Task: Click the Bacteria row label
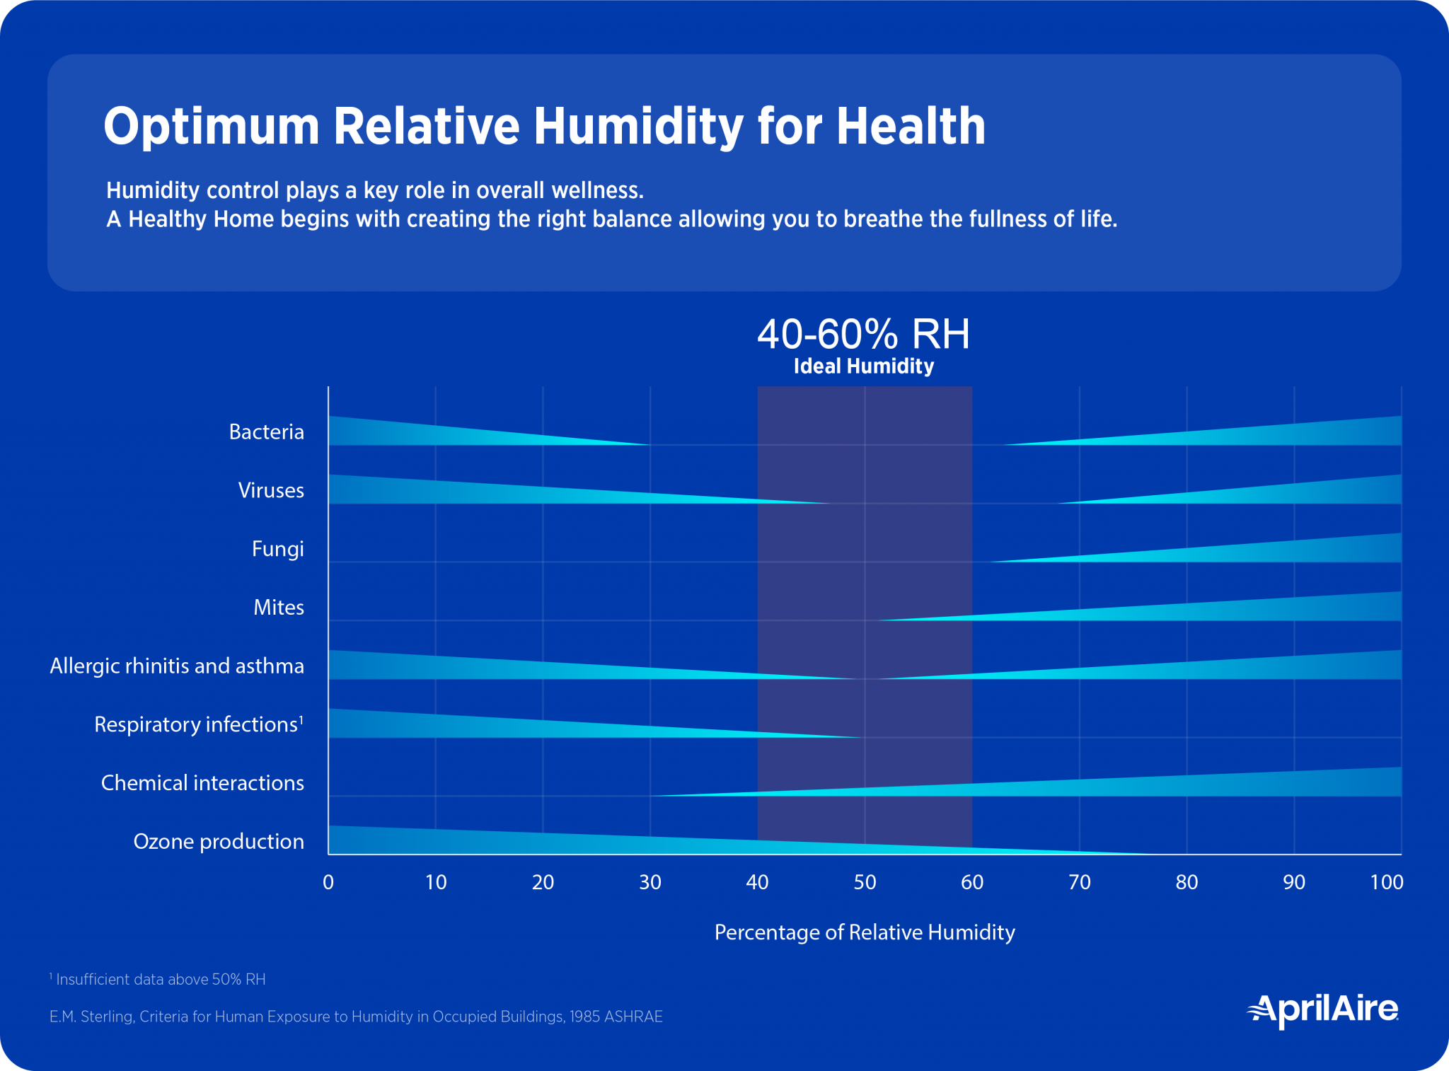click(x=267, y=432)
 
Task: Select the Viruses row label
click(x=271, y=490)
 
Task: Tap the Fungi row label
click(x=278, y=549)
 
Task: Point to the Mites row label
click(x=279, y=608)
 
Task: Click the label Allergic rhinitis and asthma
click(x=177, y=666)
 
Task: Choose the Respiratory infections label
click(x=197, y=724)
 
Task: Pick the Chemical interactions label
click(x=202, y=783)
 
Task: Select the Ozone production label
click(x=219, y=841)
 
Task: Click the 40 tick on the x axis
click(x=757, y=882)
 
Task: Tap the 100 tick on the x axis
click(x=1386, y=882)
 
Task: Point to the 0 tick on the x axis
click(x=328, y=882)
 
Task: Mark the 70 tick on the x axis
click(x=1080, y=882)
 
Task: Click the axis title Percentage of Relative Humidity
click(x=865, y=932)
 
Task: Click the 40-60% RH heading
click(x=863, y=334)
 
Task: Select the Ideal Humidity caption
click(x=863, y=366)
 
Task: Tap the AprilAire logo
click(x=1322, y=1009)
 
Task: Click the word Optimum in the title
click(x=212, y=127)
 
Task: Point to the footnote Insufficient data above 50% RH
click(x=159, y=980)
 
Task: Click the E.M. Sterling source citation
click(x=356, y=1017)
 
